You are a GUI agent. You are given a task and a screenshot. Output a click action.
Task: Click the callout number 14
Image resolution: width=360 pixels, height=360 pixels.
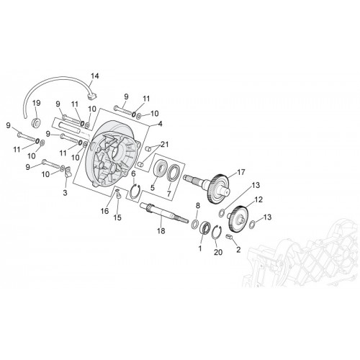point(94,76)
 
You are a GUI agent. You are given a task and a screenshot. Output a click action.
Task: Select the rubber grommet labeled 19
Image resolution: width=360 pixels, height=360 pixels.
point(37,122)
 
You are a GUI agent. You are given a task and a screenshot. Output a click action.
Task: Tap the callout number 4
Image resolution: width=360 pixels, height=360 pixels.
point(160,124)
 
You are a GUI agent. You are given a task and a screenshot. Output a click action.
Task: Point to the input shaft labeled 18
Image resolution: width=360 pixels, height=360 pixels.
point(164,212)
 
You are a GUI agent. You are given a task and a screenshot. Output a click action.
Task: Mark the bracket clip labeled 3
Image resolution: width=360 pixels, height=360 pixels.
point(68,171)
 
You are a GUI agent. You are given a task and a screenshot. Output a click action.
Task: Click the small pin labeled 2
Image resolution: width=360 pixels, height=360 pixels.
point(230,237)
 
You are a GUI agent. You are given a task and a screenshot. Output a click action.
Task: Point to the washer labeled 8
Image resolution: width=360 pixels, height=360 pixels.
point(195,223)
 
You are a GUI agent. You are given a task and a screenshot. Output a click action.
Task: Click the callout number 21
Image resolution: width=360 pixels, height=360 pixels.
point(164,145)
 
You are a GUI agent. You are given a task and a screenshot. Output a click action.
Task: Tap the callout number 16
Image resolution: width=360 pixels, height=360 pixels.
point(105,211)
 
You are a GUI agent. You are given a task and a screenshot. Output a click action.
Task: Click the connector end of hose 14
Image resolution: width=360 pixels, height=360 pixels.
point(92,96)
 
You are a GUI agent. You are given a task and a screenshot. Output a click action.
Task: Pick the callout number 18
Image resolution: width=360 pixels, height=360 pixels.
point(161,231)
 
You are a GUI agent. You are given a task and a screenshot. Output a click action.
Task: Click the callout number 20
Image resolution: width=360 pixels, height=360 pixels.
point(218,252)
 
